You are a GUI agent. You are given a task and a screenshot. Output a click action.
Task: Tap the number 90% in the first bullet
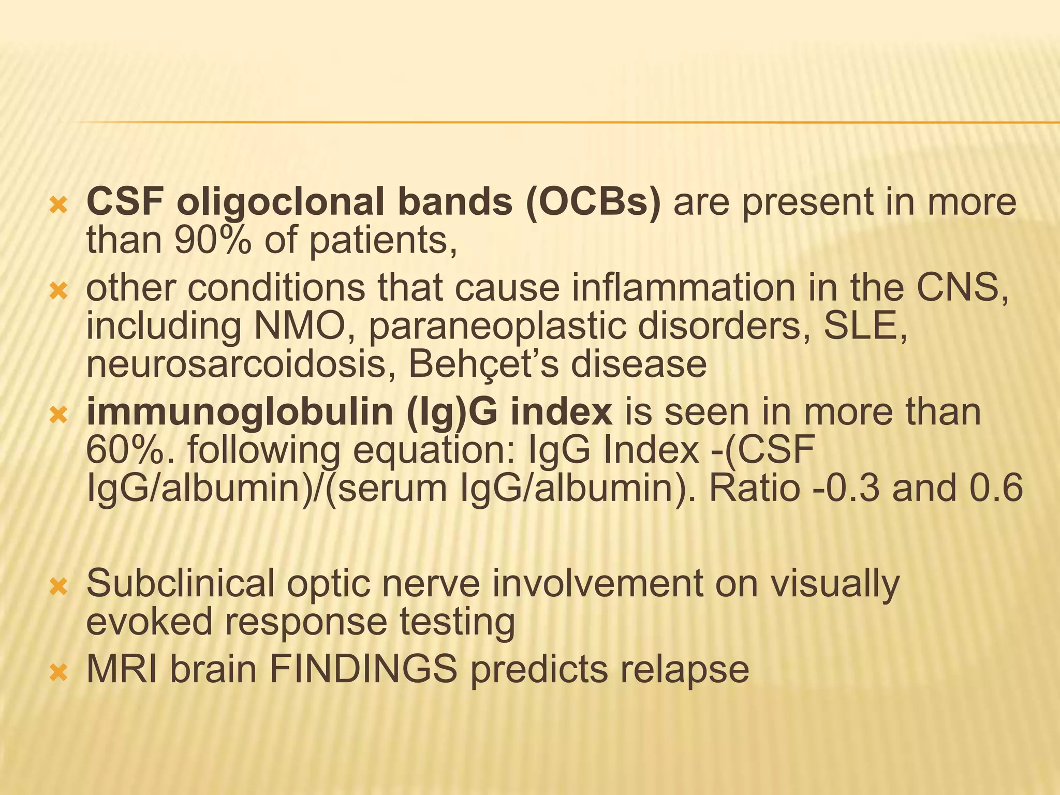point(212,241)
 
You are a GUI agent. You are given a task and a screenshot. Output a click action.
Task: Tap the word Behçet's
point(483,364)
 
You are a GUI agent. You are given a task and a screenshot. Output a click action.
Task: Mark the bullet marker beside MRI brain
point(58,673)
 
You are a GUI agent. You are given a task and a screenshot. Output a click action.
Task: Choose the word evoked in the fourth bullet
point(149,621)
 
